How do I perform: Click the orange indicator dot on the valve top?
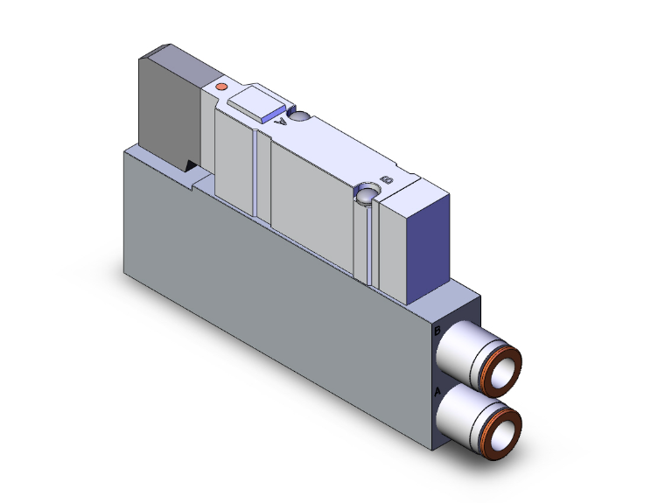click(221, 87)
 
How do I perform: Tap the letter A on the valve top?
click(281, 123)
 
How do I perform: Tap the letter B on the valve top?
click(389, 179)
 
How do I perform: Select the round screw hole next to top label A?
click(299, 116)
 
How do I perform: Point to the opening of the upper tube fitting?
click(504, 372)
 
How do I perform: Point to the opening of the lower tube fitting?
click(504, 433)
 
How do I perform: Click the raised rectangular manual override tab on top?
click(256, 104)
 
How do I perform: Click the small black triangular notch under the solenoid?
click(191, 164)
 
